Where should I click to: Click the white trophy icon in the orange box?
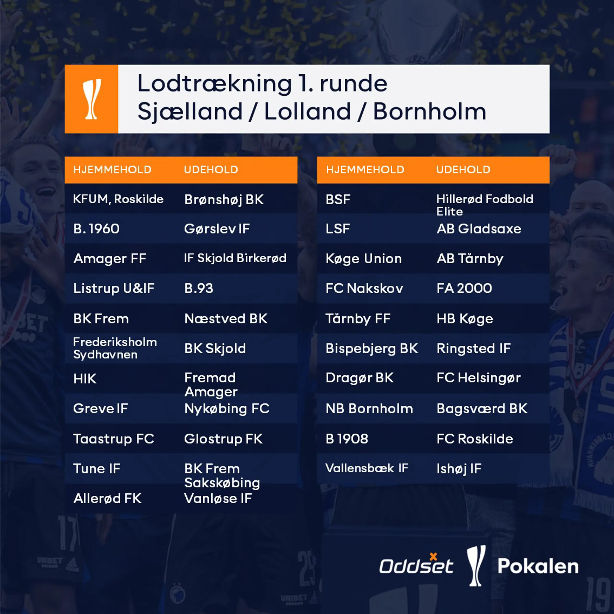[x=92, y=99]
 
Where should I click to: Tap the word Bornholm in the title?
[x=429, y=112]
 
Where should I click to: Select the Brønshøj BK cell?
[x=224, y=200]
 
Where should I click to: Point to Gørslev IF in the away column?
[x=217, y=229]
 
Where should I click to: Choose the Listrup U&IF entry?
[x=114, y=289]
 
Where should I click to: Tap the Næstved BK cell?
[x=226, y=319]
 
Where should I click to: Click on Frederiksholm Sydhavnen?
[x=115, y=348]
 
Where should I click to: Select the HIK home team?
[x=85, y=379]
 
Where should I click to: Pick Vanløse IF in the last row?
[x=218, y=499]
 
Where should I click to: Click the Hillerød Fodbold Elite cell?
[x=484, y=205]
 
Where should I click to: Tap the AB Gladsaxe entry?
[x=479, y=229]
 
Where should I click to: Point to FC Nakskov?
[x=364, y=289]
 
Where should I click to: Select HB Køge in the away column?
[x=465, y=319]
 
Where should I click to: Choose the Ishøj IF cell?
[x=459, y=469]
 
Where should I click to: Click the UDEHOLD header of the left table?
[x=211, y=170]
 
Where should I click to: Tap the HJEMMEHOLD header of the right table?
[x=365, y=170]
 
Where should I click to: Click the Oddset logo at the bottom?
[x=416, y=566]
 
